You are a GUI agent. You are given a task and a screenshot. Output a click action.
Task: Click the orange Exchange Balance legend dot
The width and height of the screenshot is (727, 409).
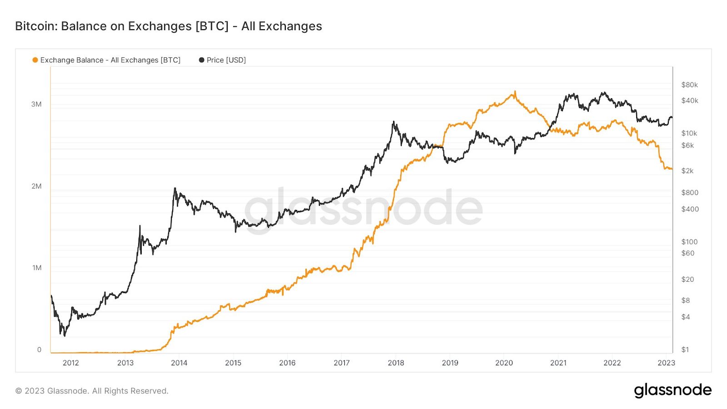click(x=35, y=60)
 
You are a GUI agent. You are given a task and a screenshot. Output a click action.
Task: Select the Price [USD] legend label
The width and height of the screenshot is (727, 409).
click(x=226, y=60)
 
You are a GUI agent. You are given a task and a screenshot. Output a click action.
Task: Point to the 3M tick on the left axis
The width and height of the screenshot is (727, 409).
click(x=36, y=104)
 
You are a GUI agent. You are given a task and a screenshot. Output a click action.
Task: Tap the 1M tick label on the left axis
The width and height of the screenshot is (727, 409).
click(x=37, y=268)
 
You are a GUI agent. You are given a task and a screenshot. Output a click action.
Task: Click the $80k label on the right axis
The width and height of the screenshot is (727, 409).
click(x=690, y=85)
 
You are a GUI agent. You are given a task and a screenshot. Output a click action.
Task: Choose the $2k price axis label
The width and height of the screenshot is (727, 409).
click(x=687, y=171)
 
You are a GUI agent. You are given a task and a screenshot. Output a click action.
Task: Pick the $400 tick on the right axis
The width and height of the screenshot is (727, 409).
click(x=690, y=209)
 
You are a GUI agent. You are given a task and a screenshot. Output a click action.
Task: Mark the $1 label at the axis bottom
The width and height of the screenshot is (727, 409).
click(x=685, y=349)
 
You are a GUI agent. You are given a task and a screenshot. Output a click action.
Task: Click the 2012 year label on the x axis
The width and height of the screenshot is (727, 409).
click(x=71, y=363)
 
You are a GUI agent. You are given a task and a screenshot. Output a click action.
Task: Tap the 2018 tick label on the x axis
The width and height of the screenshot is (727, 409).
click(x=396, y=363)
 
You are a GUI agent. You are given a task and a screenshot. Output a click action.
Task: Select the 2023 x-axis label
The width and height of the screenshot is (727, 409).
click(x=666, y=363)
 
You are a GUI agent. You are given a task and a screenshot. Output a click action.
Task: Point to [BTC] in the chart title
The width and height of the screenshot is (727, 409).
click(x=212, y=26)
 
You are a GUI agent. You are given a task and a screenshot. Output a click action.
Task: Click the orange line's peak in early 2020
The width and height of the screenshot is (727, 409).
click(x=515, y=91)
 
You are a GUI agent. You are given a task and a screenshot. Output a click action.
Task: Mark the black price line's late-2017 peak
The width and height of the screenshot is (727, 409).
click(x=393, y=122)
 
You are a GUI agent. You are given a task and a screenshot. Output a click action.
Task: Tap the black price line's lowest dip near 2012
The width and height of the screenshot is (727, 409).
click(x=65, y=336)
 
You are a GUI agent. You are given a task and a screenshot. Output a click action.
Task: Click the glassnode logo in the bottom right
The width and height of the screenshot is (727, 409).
click(x=673, y=390)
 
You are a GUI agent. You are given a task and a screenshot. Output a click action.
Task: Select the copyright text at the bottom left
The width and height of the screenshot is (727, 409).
click(x=92, y=391)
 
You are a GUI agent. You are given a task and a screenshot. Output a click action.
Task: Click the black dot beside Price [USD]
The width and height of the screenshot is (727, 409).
click(x=202, y=60)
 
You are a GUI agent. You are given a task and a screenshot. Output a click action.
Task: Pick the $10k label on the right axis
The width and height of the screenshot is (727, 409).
click(x=689, y=133)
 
